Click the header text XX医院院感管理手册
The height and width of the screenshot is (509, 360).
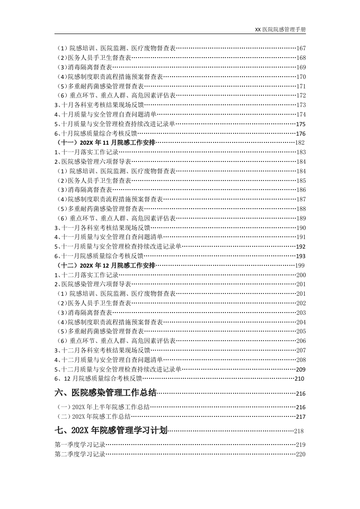click(280, 29)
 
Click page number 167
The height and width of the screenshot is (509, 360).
click(301, 48)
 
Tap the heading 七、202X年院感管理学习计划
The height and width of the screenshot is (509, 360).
click(111, 430)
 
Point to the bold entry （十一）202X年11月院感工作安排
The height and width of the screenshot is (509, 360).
click(106, 142)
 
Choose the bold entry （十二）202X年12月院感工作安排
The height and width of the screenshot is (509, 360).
click(106, 265)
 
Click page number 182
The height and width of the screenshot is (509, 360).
click(300, 142)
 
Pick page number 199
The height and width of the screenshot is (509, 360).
click(300, 265)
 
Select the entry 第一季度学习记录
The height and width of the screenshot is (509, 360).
click(80, 445)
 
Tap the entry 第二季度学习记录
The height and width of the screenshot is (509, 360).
click(80, 454)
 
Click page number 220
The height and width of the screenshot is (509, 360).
click(301, 454)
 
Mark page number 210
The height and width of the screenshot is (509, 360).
click(300, 378)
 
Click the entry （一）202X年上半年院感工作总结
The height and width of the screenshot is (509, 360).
click(103, 407)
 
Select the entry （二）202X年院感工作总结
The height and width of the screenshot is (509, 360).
click(93, 416)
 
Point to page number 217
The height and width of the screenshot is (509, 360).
click(301, 416)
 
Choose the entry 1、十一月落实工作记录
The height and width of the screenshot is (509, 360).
click(87, 152)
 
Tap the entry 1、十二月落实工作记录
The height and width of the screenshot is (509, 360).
click(87, 275)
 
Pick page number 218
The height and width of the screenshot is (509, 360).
click(299, 431)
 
